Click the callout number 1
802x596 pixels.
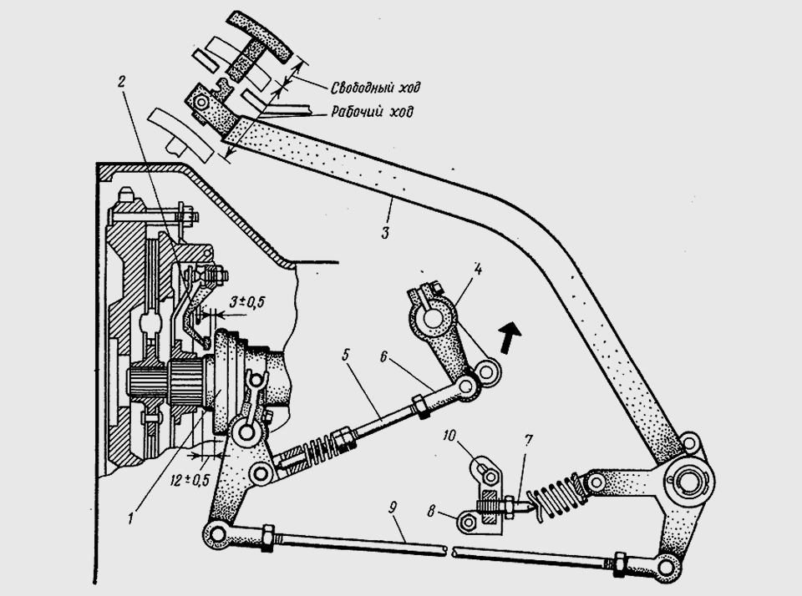click(x=131, y=518)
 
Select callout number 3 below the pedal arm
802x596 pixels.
click(x=385, y=233)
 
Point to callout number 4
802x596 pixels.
click(x=477, y=270)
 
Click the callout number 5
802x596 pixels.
click(x=346, y=355)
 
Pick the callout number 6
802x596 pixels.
click(x=384, y=356)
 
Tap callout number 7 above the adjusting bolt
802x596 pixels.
click(x=528, y=440)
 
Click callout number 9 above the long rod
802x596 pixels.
click(x=393, y=507)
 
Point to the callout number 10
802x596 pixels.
click(x=449, y=436)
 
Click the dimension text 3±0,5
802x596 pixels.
click(x=246, y=302)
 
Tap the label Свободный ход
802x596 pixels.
click(x=375, y=88)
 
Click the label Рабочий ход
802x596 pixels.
click(x=372, y=111)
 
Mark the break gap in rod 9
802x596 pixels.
click(x=450, y=551)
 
